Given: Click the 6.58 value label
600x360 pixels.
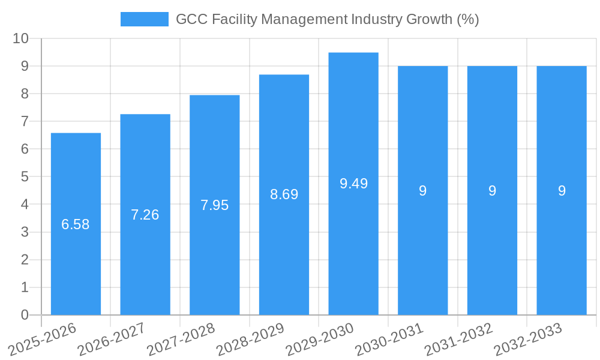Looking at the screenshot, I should (76, 224).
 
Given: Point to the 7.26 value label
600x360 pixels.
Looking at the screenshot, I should (145, 215).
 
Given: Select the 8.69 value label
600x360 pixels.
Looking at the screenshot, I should (284, 194).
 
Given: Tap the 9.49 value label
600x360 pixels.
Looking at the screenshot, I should (353, 184).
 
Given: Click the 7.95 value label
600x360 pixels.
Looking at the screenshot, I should (214, 205).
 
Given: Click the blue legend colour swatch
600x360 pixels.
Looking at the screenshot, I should (145, 19).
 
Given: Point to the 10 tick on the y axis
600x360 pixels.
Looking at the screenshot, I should (21, 38).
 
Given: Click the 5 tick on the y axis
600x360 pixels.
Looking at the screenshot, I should (25, 177).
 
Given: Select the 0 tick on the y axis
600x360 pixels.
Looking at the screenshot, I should (25, 315).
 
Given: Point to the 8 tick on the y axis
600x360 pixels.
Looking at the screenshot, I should (25, 94).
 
